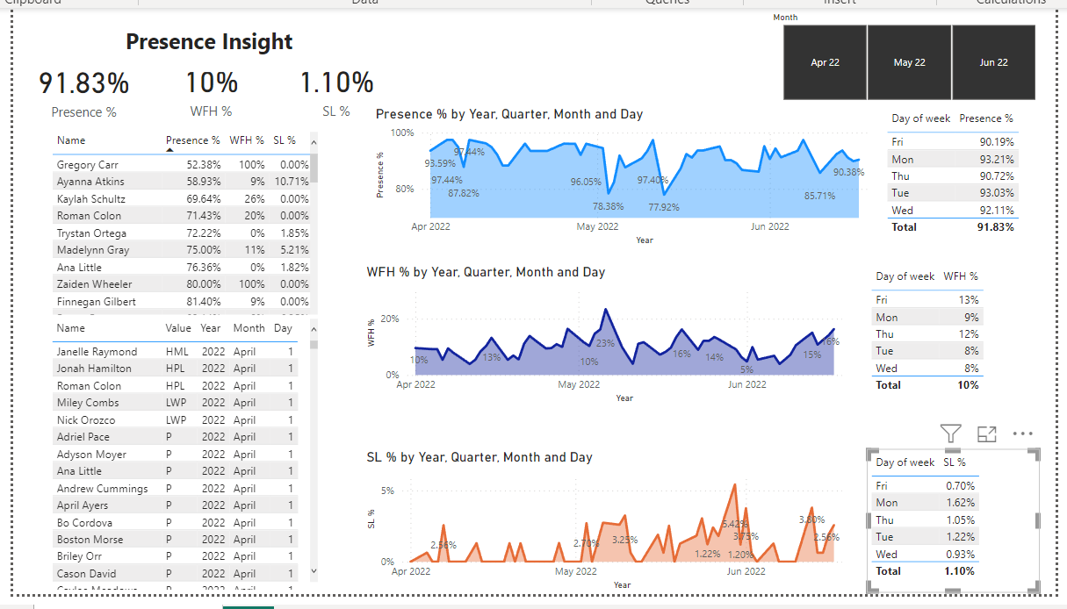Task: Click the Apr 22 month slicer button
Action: pyautogui.click(x=825, y=62)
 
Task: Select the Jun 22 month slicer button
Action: pyautogui.click(x=993, y=62)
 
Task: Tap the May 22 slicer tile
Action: pyautogui.click(x=909, y=62)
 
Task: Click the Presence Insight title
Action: pyautogui.click(x=209, y=41)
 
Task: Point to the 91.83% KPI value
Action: pyautogui.click(x=84, y=83)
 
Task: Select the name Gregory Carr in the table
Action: pyautogui.click(x=87, y=165)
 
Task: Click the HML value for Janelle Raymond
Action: pyautogui.click(x=177, y=352)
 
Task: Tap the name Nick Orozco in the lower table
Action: pyautogui.click(x=86, y=420)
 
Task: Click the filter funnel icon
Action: pyautogui.click(x=950, y=433)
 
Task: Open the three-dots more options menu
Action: pyautogui.click(x=1022, y=433)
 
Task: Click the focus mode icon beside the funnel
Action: pyautogui.click(x=986, y=433)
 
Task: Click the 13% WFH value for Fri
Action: pyautogui.click(x=970, y=300)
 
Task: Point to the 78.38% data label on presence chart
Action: pyautogui.click(x=608, y=206)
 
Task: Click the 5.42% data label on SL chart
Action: pyautogui.click(x=734, y=524)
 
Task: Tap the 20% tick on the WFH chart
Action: pyautogui.click(x=390, y=319)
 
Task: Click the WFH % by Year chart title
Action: pyautogui.click(x=486, y=272)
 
